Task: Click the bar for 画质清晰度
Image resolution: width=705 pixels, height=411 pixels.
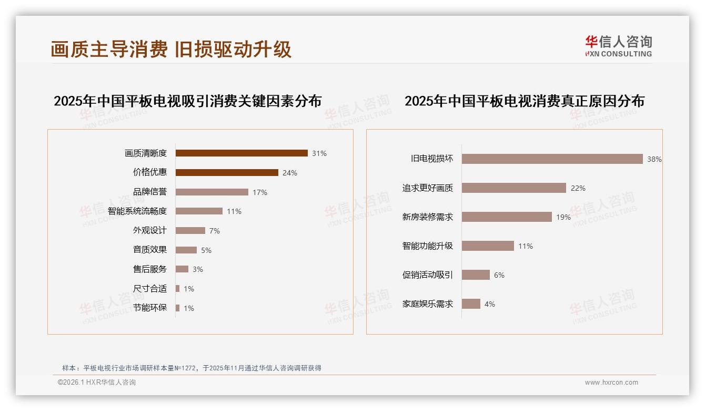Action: pos(241,153)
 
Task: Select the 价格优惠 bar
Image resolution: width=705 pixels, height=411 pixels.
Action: pos(227,173)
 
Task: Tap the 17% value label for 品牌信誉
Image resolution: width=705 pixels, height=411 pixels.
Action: pos(260,192)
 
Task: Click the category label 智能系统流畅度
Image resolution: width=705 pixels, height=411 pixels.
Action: pos(137,211)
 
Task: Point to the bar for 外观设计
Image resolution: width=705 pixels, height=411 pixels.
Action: pos(190,231)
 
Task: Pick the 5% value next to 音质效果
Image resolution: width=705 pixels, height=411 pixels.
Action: pos(206,250)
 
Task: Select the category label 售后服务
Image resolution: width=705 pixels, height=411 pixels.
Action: pos(150,269)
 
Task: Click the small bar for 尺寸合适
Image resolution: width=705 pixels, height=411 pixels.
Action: pos(178,289)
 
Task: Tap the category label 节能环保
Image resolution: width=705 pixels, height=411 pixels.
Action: pos(150,308)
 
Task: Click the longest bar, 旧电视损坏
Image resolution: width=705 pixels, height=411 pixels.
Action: pos(552,159)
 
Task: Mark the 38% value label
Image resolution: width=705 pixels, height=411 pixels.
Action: pos(654,159)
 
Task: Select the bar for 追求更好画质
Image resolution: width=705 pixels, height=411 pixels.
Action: pos(514,188)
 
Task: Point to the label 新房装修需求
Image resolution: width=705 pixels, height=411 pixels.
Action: pos(428,217)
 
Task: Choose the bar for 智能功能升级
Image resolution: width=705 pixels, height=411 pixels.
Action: pos(488,246)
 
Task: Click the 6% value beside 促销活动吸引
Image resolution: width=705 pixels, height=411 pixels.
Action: pos(499,275)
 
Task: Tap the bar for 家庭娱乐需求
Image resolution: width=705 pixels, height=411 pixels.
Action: pos(471,304)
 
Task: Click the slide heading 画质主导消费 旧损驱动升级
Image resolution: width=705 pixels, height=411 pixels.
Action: pos(171,50)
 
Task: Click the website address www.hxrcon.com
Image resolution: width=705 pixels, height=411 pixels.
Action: pos(611,383)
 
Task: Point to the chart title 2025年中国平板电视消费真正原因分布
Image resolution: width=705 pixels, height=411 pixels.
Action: pos(525,101)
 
